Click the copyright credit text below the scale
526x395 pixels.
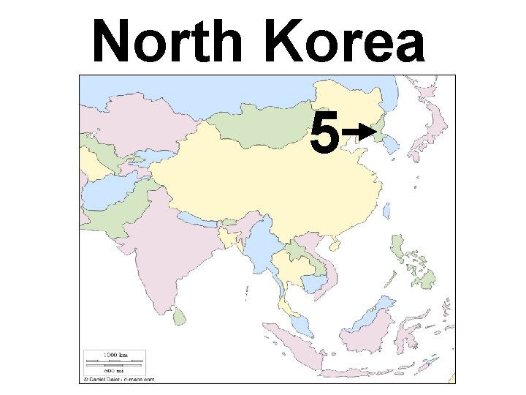[x=118, y=380]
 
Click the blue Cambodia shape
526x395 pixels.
[x=319, y=284]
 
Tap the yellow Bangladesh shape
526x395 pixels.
[x=234, y=235]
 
